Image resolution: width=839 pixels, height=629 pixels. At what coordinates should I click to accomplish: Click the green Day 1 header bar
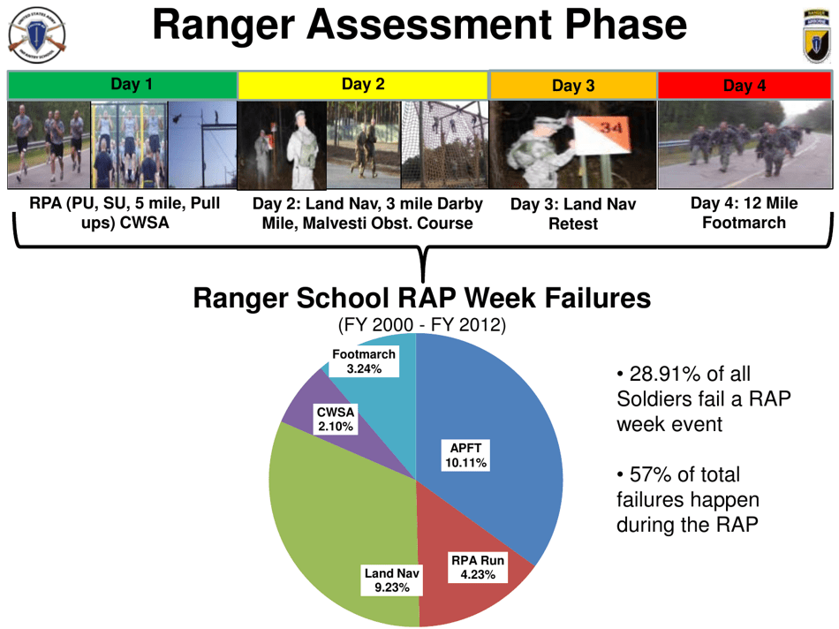123,85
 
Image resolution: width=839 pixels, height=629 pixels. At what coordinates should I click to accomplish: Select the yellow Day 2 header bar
362,85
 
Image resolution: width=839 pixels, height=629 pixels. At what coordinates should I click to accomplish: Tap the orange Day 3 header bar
572,86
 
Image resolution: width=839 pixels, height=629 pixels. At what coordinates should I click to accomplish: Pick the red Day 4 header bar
744,86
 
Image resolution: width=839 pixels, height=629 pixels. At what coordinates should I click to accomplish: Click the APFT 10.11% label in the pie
465,456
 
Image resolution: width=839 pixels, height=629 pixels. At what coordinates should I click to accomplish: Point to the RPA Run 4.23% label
477,567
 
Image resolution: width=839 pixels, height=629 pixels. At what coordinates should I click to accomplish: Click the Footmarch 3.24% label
363,361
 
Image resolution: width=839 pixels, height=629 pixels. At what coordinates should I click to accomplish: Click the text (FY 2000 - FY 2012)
421,326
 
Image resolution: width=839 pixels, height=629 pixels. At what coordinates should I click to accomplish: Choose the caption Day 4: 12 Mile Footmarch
744,213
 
